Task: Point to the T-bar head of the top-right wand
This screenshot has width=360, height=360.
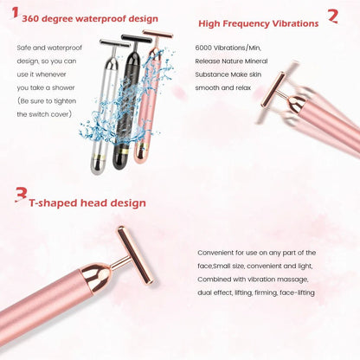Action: pos(273,86)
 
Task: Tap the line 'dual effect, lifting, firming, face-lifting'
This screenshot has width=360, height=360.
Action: pos(257,292)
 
